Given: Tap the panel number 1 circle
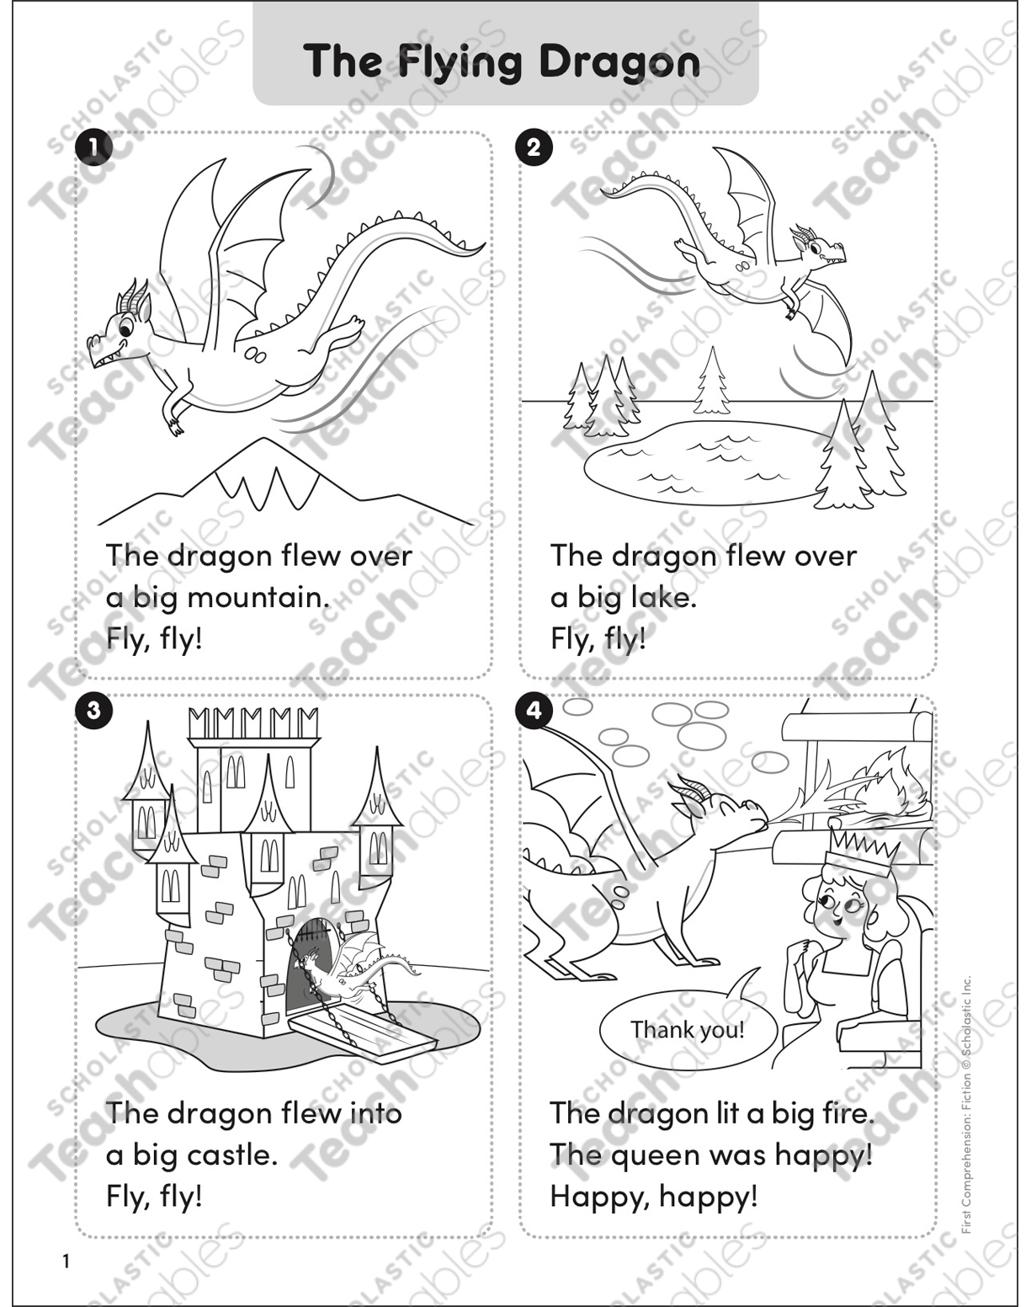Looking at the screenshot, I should tap(93, 147).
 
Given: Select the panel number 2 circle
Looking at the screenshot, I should tap(534, 147).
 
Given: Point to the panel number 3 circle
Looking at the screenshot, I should tap(93, 710).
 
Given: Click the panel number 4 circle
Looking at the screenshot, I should tap(534, 710).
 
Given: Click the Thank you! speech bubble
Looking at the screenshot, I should tap(688, 1030).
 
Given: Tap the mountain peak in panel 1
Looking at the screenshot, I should tap(265, 446).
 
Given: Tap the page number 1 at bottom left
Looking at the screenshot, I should tap(66, 1261).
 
